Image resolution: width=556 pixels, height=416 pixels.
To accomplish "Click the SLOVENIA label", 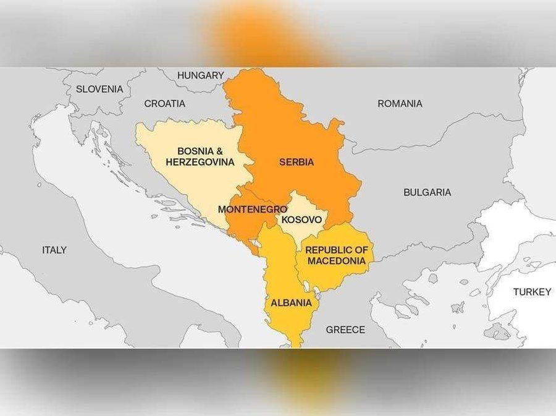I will tap(99, 89).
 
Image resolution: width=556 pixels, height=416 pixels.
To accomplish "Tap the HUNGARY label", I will tap(200, 75).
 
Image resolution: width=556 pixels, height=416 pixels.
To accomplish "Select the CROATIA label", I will tap(164, 104).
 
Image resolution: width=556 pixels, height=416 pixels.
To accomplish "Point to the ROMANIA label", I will tap(400, 104).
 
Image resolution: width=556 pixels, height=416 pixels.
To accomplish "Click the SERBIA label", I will tap(297, 163).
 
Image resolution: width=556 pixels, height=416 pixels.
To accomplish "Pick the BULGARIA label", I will tap(427, 192).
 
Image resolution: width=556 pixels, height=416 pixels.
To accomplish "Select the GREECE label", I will tap(345, 329).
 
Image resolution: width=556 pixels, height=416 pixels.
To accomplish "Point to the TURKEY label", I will tap(531, 292).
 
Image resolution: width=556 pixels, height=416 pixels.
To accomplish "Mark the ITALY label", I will tap(54, 250).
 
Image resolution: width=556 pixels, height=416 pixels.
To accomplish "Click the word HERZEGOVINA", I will tap(200, 162).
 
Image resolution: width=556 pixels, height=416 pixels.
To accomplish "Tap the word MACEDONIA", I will tap(337, 261).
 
